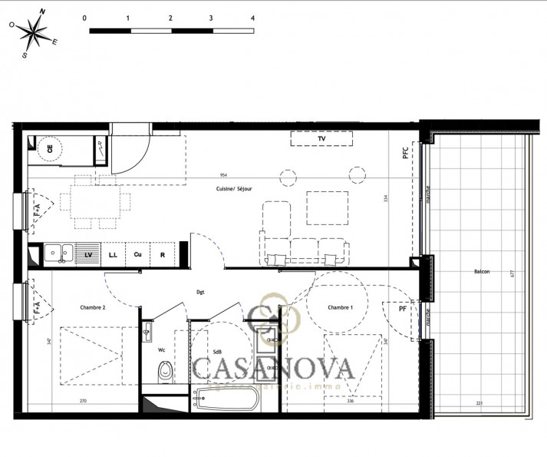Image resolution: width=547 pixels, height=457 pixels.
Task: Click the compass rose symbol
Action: tap(35, 33)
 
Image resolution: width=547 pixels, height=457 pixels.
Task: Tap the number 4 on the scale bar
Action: tap(252, 16)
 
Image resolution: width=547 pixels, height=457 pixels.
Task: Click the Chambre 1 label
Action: tap(341, 307)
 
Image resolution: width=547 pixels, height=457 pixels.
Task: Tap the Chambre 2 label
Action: tap(92, 307)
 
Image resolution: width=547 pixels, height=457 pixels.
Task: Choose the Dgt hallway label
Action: tap(200, 292)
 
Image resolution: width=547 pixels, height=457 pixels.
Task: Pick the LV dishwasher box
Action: tap(88, 254)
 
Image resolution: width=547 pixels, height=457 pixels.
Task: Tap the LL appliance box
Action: tap(113, 254)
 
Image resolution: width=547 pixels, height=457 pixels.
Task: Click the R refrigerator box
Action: tap(163, 254)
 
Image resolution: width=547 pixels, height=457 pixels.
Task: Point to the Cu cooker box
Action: tap(137, 254)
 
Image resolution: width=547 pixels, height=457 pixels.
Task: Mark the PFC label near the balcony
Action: tap(406, 153)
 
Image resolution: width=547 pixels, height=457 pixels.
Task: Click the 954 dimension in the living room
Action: tap(223, 175)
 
